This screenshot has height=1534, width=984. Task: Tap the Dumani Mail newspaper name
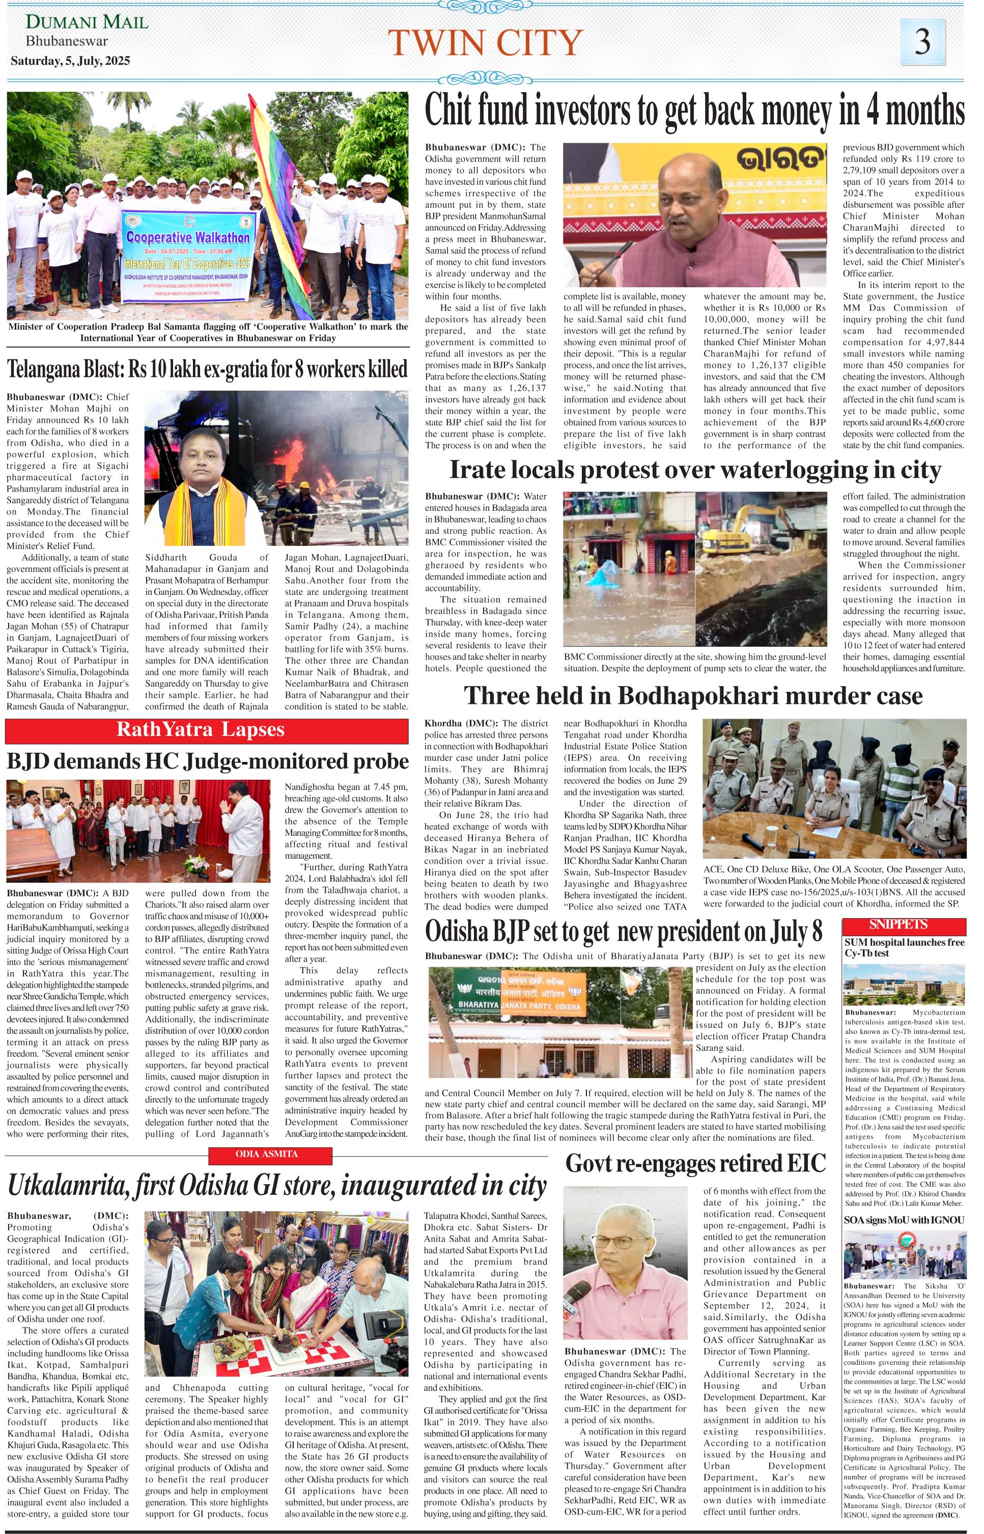[87, 22]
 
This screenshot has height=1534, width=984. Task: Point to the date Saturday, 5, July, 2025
[70, 61]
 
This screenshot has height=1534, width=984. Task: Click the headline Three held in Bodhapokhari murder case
[693, 695]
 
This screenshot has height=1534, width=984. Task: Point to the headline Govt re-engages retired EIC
[695, 1163]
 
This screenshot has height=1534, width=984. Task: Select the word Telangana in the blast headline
[44, 369]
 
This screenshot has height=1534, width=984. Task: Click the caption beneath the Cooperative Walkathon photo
[208, 333]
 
